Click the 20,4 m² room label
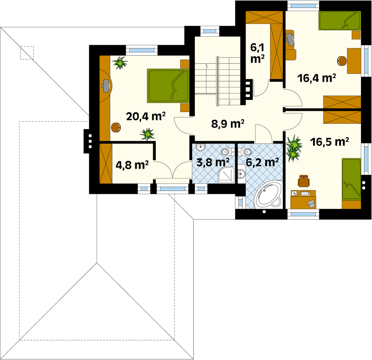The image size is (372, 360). pos(146,116)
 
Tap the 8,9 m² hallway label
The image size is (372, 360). pos(228,124)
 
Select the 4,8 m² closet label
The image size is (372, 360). pos(132,165)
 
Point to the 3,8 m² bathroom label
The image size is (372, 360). pos(213,162)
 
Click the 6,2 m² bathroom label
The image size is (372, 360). pos(262,162)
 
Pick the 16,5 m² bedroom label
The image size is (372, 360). pos(329,142)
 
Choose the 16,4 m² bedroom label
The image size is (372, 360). pos(316,78)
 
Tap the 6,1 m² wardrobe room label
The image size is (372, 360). pos(258,53)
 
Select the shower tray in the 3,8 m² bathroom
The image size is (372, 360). pos(226,175)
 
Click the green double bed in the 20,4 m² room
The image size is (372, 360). pos(168,86)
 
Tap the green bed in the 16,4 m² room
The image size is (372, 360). pos(340,20)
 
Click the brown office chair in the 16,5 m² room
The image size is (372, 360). pos(304,181)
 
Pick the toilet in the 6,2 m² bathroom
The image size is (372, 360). pos(245,151)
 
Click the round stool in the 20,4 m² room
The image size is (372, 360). pos(116,127)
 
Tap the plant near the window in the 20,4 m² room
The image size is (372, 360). pos(120,63)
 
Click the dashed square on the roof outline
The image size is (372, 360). pos(27,53)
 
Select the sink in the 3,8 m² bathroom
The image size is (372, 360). pos(200,147)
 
